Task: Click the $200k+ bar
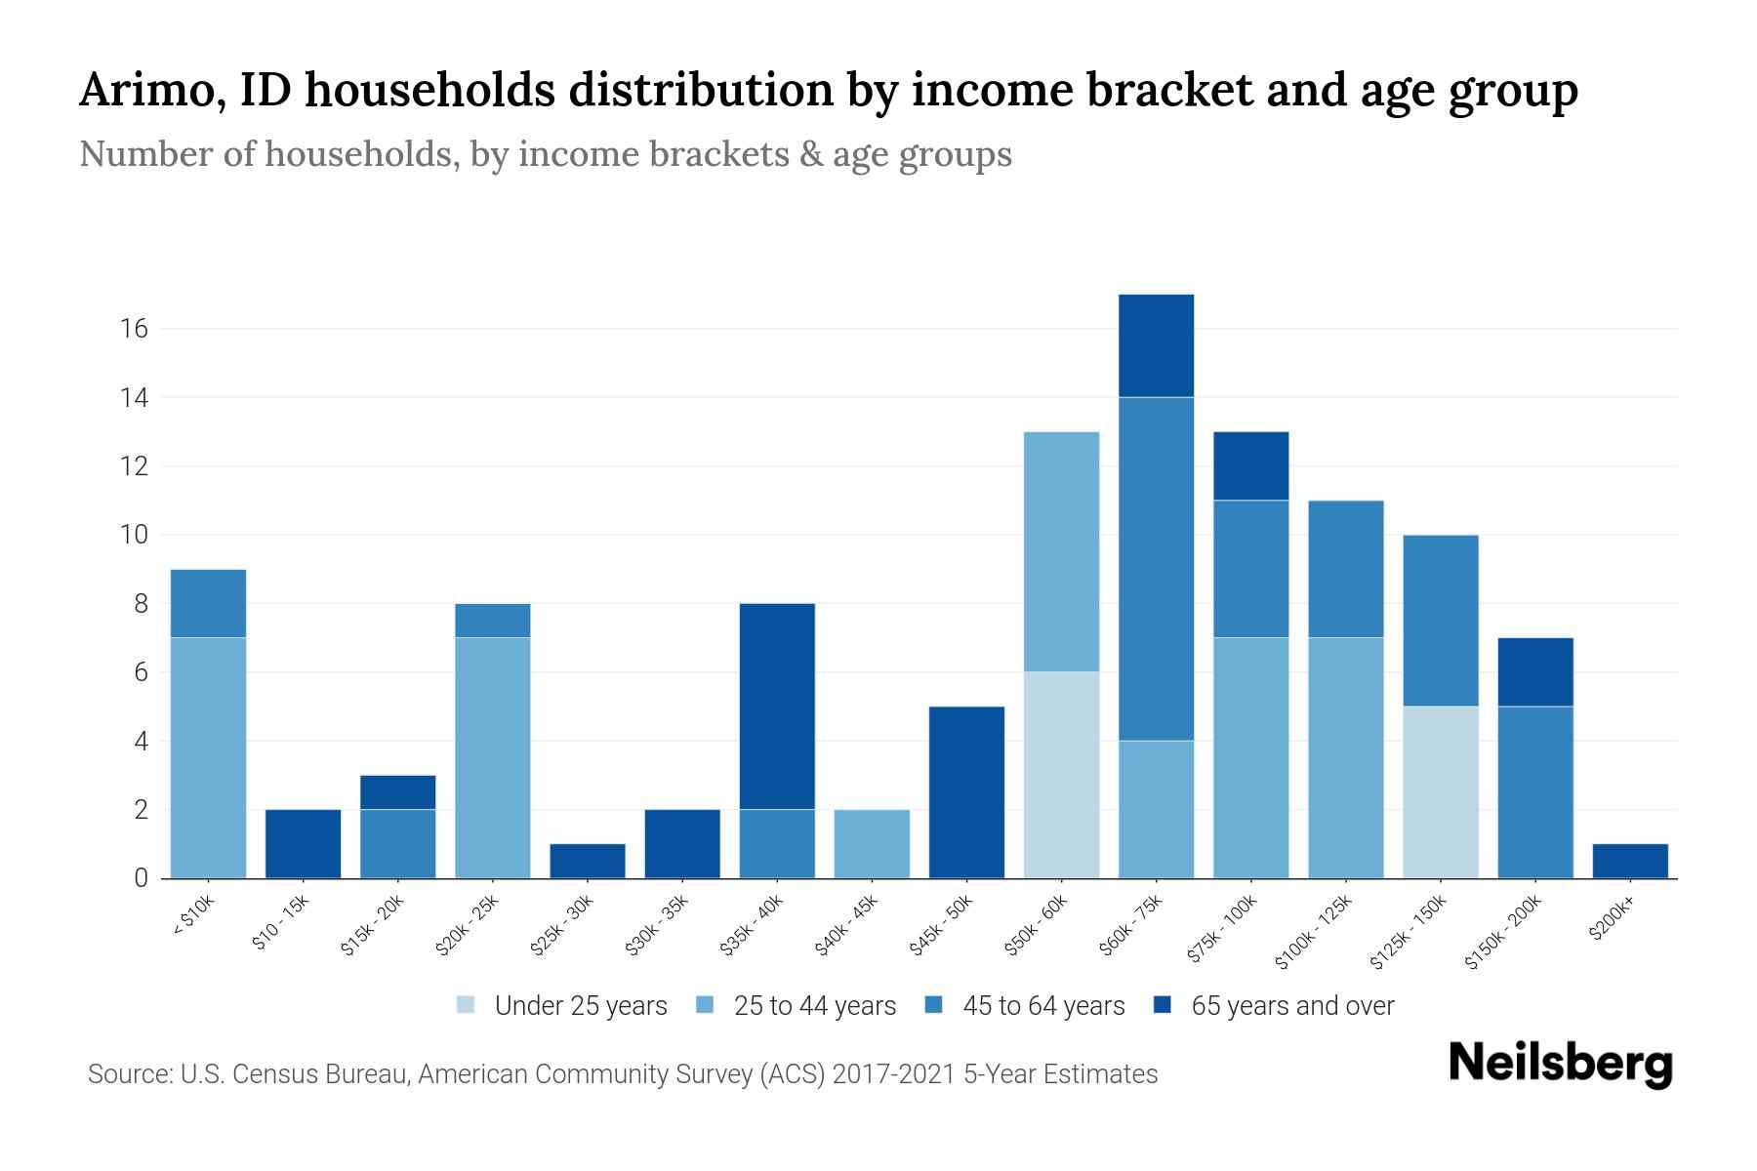coord(1629,861)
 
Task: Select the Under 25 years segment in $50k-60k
coord(1061,775)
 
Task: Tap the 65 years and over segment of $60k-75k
coord(1156,345)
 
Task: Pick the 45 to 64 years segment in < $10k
coord(208,603)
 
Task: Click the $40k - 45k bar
coord(872,844)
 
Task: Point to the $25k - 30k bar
coord(588,861)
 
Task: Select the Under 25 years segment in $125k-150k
coord(1440,791)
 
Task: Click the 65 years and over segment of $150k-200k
coord(1534,671)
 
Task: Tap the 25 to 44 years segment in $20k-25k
coord(493,757)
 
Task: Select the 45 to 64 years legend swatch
coord(934,1005)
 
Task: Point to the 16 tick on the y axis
coord(134,329)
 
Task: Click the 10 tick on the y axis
coord(134,535)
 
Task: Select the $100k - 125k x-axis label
coord(1314,932)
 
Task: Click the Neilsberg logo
coord(1560,1064)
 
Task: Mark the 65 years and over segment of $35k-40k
coord(777,706)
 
